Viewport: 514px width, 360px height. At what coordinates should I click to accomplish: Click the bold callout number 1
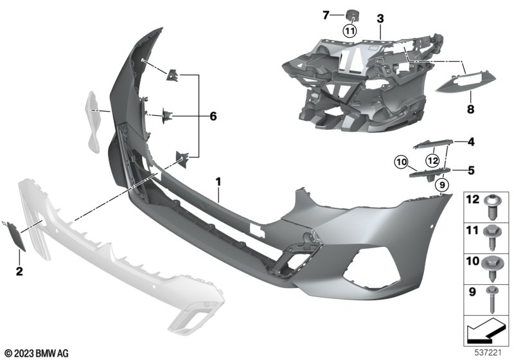pos(218,182)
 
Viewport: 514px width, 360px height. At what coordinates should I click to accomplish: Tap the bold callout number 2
pos(19,271)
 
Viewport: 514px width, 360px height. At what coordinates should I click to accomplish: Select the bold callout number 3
pos(380,19)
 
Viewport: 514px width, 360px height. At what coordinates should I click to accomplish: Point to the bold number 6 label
pos(213,116)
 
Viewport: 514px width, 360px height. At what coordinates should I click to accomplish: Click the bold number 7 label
pos(326,15)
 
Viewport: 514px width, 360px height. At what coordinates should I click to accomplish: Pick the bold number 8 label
pos(470,109)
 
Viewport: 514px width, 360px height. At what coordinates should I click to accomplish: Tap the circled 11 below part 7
pos(350,32)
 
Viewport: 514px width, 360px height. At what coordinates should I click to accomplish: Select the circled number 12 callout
pos(432,161)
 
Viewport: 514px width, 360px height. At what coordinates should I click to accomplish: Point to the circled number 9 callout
pos(442,185)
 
